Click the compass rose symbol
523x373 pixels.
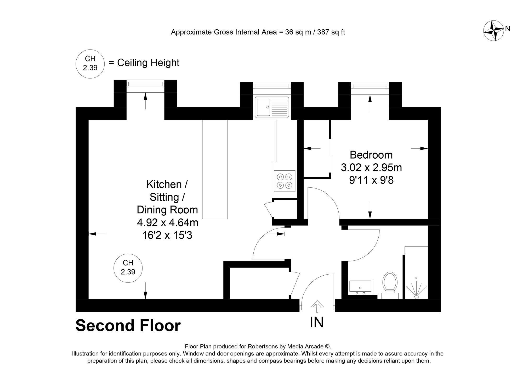coord(493,31)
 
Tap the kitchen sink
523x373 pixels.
coord(272,107)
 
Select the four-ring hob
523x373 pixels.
coord(285,181)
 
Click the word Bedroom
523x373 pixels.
coord(371,155)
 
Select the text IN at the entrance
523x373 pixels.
coord(317,322)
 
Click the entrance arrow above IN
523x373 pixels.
coord(317,306)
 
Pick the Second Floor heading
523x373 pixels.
coord(128,326)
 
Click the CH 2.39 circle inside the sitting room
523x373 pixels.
coord(128,268)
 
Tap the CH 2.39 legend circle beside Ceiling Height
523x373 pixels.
coord(90,63)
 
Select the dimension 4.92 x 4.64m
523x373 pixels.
coord(167,222)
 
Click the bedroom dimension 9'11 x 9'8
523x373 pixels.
coord(371,180)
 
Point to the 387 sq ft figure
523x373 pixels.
coord(331,32)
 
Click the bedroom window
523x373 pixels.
coord(370,86)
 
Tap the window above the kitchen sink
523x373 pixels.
coord(272,86)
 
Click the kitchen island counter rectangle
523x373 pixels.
coord(215,169)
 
